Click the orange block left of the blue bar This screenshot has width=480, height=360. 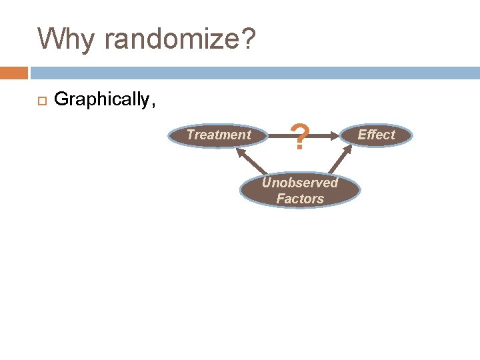(14, 72)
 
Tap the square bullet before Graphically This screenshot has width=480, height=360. (41, 101)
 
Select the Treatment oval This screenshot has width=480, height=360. (219, 135)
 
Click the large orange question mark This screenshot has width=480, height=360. (301, 139)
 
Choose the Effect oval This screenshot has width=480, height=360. (376, 135)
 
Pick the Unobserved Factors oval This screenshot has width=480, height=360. (300, 191)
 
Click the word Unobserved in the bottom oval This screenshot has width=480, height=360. (300, 183)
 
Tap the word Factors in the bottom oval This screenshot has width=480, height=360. (300, 199)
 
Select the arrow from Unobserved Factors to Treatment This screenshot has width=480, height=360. (249, 164)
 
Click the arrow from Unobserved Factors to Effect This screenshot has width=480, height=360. (341, 162)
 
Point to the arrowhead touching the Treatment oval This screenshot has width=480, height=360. (238, 151)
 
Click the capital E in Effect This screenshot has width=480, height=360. (362, 135)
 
